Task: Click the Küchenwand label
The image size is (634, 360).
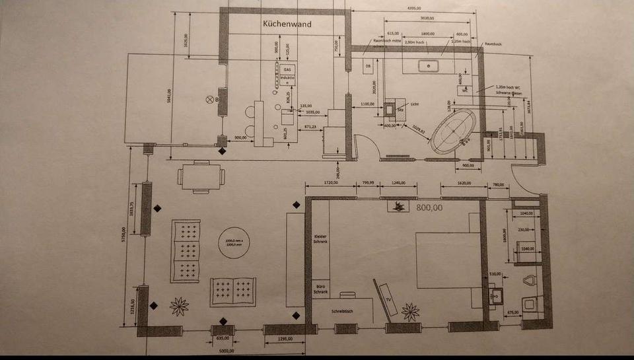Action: (x=287, y=24)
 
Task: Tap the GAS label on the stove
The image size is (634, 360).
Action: (x=287, y=69)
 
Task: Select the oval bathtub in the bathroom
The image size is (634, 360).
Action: (x=453, y=132)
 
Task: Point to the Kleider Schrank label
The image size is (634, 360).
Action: (x=320, y=238)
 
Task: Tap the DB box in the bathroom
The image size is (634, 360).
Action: (x=369, y=66)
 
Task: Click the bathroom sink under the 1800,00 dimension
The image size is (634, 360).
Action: (x=428, y=65)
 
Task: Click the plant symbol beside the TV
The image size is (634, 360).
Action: (x=411, y=311)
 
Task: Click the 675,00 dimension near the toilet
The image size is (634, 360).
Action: (x=512, y=312)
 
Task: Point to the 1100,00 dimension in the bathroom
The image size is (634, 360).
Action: (x=369, y=104)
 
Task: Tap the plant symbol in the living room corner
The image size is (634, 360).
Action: (x=179, y=306)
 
